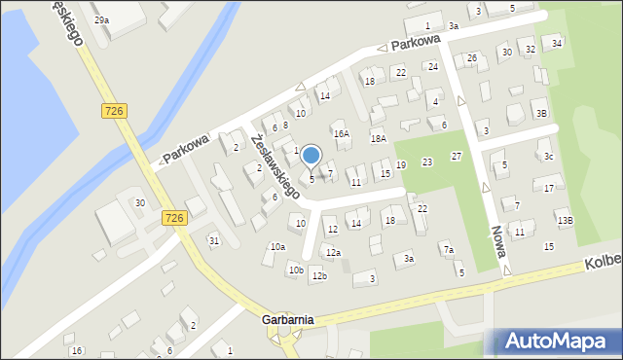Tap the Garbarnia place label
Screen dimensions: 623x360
287,319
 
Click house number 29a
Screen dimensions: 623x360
101,19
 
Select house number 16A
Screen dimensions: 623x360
341,134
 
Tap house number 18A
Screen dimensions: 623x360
378,139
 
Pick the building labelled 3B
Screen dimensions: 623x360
540,113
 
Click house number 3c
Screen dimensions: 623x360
548,157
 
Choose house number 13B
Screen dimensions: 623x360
565,221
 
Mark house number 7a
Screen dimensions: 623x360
449,250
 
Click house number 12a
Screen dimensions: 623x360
333,253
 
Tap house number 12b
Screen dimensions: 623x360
319,276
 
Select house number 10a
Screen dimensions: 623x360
277,247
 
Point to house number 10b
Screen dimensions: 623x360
295,270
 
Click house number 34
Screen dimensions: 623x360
557,44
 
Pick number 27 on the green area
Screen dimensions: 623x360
456,157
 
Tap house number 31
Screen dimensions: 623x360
213,240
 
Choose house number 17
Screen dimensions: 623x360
549,188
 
